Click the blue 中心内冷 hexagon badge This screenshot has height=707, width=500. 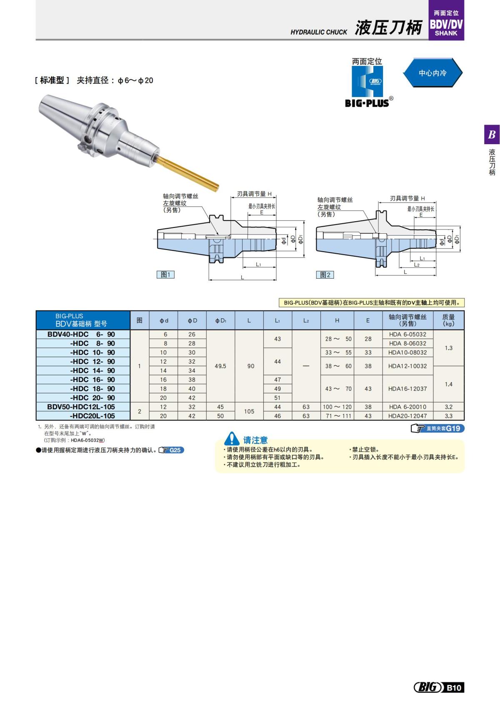432,73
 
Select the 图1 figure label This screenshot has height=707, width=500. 165,275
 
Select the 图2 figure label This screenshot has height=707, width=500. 325,275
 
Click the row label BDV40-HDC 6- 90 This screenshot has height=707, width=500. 82,334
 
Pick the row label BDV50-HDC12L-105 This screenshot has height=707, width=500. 81,407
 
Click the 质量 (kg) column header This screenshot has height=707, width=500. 448,320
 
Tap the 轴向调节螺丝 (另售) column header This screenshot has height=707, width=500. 407,320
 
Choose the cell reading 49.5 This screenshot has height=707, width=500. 220,366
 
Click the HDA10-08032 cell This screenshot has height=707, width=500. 407,352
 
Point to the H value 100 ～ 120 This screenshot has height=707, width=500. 337,407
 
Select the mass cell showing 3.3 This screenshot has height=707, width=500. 448,416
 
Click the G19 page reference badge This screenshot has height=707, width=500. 437,428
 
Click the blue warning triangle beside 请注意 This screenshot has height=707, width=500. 231,439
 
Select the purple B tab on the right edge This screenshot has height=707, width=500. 492,135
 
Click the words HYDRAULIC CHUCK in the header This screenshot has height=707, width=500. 319,32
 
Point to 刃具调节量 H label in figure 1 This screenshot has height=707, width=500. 254,194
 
